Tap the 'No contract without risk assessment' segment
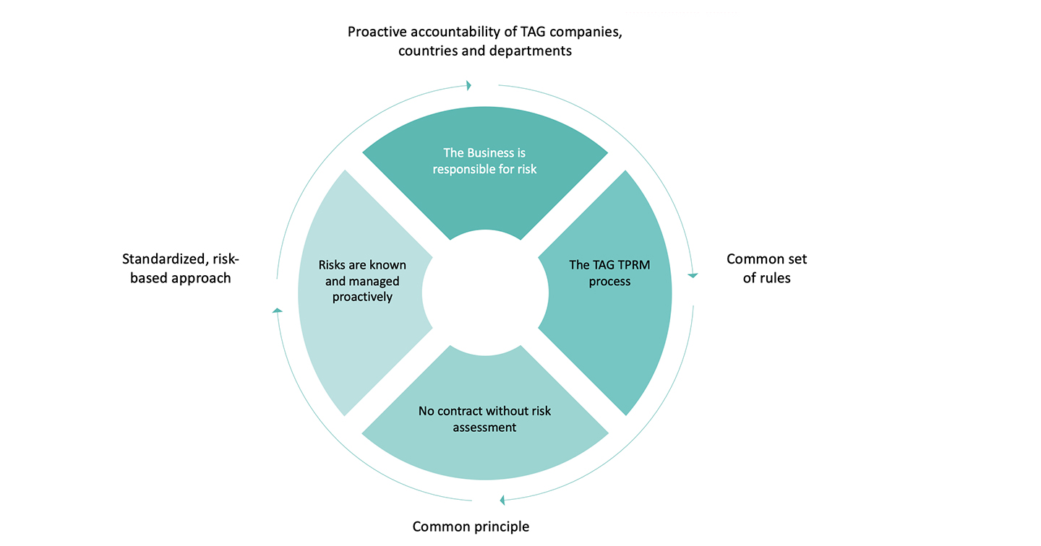(484, 433)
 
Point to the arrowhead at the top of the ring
(469, 85)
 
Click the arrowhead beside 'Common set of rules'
(693, 275)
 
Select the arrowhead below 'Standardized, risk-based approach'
(277, 310)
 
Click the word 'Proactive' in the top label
(376, 32)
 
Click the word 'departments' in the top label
(535, 51)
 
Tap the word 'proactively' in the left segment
(362, 297)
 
